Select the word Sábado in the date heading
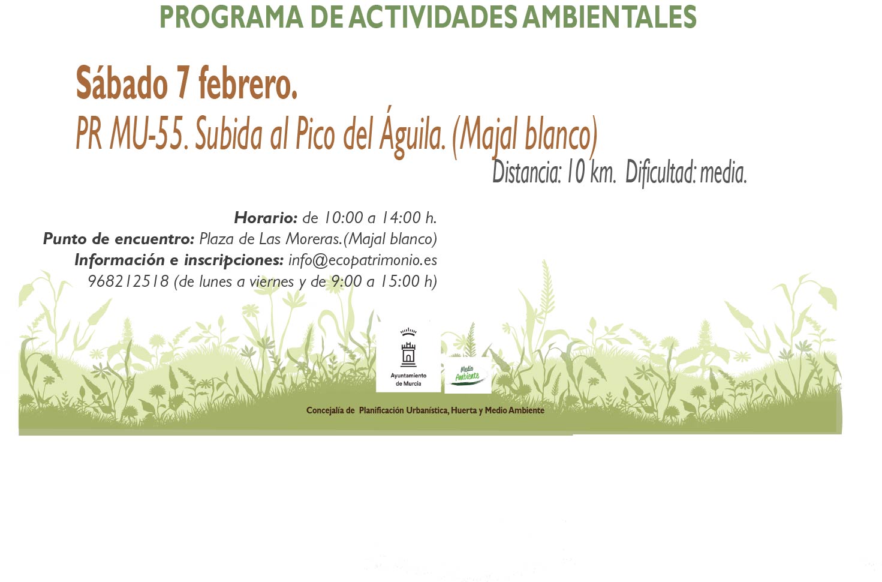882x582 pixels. point(122,83)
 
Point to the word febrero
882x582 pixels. point(248,83)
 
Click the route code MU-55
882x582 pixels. point(147,134)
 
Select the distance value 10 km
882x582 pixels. point(590,173)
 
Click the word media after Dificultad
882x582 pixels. point(723,173)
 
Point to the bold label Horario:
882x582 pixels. point(266,218)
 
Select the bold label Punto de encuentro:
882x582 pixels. point(119,239)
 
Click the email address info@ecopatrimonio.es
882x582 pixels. point(363,260)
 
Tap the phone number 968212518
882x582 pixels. point(128,281)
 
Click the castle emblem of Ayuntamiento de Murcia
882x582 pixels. point(408,348)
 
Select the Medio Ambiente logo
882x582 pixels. point(468,375)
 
